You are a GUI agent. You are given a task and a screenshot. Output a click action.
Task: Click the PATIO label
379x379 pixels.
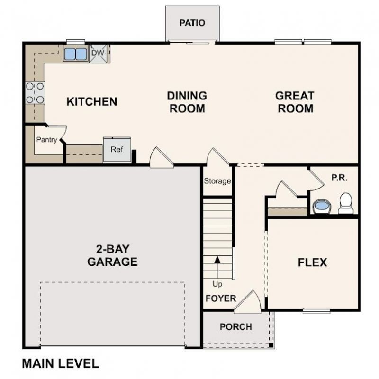coord(192,23)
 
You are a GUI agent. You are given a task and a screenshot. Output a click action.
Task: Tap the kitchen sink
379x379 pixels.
coord(76,54)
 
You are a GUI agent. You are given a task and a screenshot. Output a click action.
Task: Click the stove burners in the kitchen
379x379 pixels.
coord(35,93)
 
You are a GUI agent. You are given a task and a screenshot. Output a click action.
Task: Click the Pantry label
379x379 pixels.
coord(46,140)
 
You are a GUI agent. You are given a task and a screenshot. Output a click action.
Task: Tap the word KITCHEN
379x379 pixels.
coord(91,101)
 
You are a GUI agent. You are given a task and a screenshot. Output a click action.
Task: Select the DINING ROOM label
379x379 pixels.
coord(187,102)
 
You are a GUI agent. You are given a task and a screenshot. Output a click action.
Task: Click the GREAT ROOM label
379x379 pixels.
coord(295,102)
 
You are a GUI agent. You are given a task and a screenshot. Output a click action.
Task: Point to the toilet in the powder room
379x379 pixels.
coord(346,203)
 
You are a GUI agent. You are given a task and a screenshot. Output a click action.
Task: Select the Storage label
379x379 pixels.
coord(217,181)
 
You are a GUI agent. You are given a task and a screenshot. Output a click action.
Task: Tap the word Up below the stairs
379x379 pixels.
coord(217,284)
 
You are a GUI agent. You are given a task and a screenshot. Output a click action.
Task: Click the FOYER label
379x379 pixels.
coord(220,298)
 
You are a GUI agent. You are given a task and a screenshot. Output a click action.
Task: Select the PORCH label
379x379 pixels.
coord(236,327)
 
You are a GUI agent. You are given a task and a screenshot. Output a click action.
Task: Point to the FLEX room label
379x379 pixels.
coord(312,262)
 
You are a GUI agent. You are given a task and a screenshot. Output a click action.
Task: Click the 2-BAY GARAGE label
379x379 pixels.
coord(112,255)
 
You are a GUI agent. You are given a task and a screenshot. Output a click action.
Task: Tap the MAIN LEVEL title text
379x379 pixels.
coord(60,363)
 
